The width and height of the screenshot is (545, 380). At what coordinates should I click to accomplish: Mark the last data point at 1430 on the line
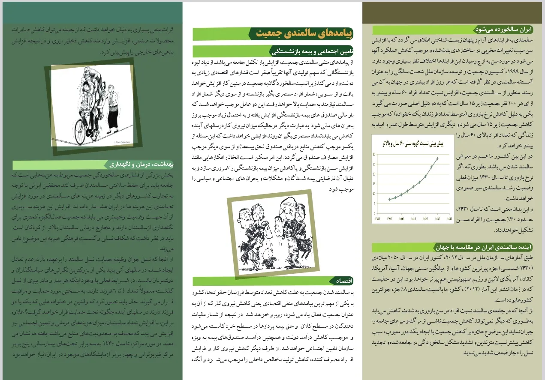(437, 159)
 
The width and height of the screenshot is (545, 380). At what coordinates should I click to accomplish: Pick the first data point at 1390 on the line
(389, 199)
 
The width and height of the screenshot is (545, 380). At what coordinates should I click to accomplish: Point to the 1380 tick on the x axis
(377, 218)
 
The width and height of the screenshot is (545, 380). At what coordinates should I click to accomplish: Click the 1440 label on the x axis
(449, 218)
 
